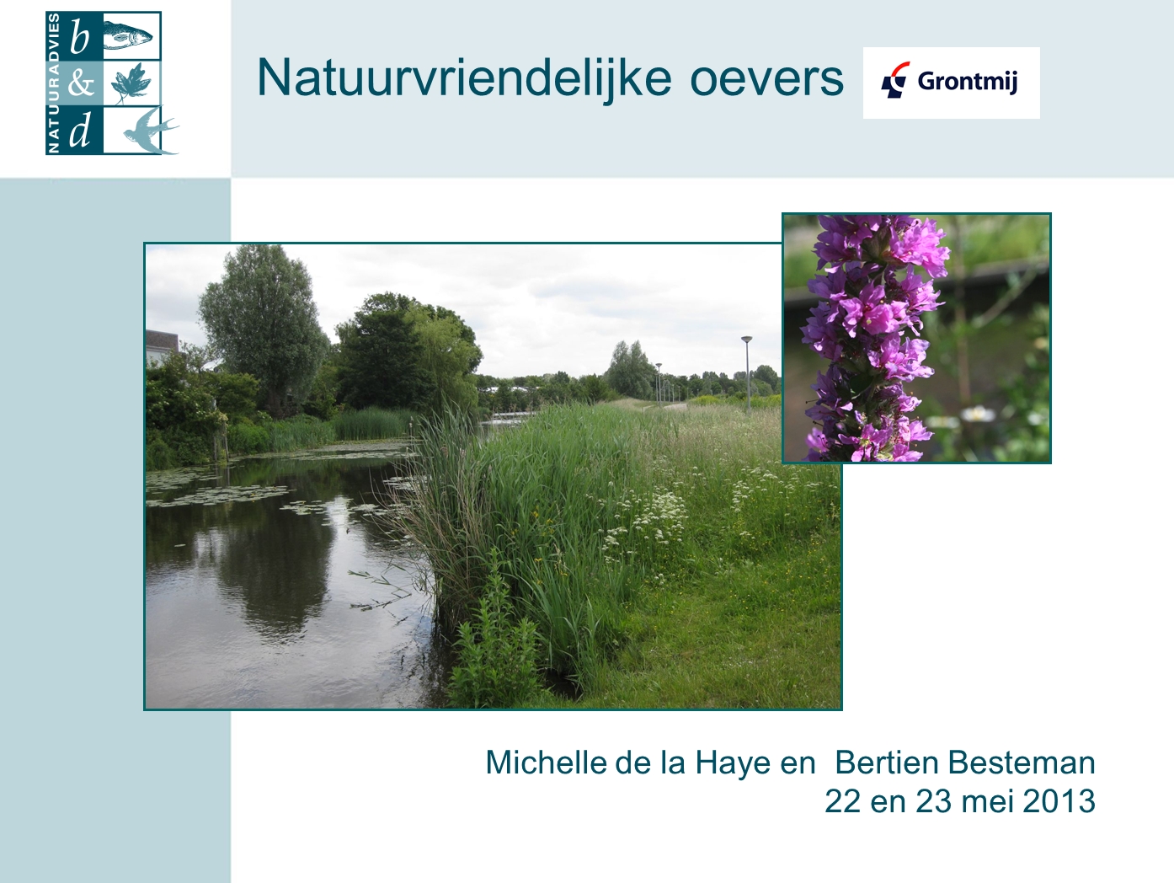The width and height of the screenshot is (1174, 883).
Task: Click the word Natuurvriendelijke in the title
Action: coord(464,78)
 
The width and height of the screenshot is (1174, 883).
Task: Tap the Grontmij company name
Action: coord(967,82)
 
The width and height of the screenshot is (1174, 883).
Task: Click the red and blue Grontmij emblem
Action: coord(894,80)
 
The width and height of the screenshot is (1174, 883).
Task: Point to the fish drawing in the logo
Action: coord(127,36)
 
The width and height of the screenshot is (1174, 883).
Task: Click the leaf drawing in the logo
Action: coord(131,83)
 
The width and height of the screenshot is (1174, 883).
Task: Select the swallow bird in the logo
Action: coord(151,131)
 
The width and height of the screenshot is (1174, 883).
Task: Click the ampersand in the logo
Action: coord(81,84)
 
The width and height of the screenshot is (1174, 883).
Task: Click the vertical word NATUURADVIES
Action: coord(54,83)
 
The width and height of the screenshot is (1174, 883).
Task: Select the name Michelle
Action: coord(546,763)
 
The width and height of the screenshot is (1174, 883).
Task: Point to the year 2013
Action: coord(1059,801)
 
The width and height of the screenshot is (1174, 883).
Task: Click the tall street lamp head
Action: coord(747,339)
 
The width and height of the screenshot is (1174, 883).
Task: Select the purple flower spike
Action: coord(874,338)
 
